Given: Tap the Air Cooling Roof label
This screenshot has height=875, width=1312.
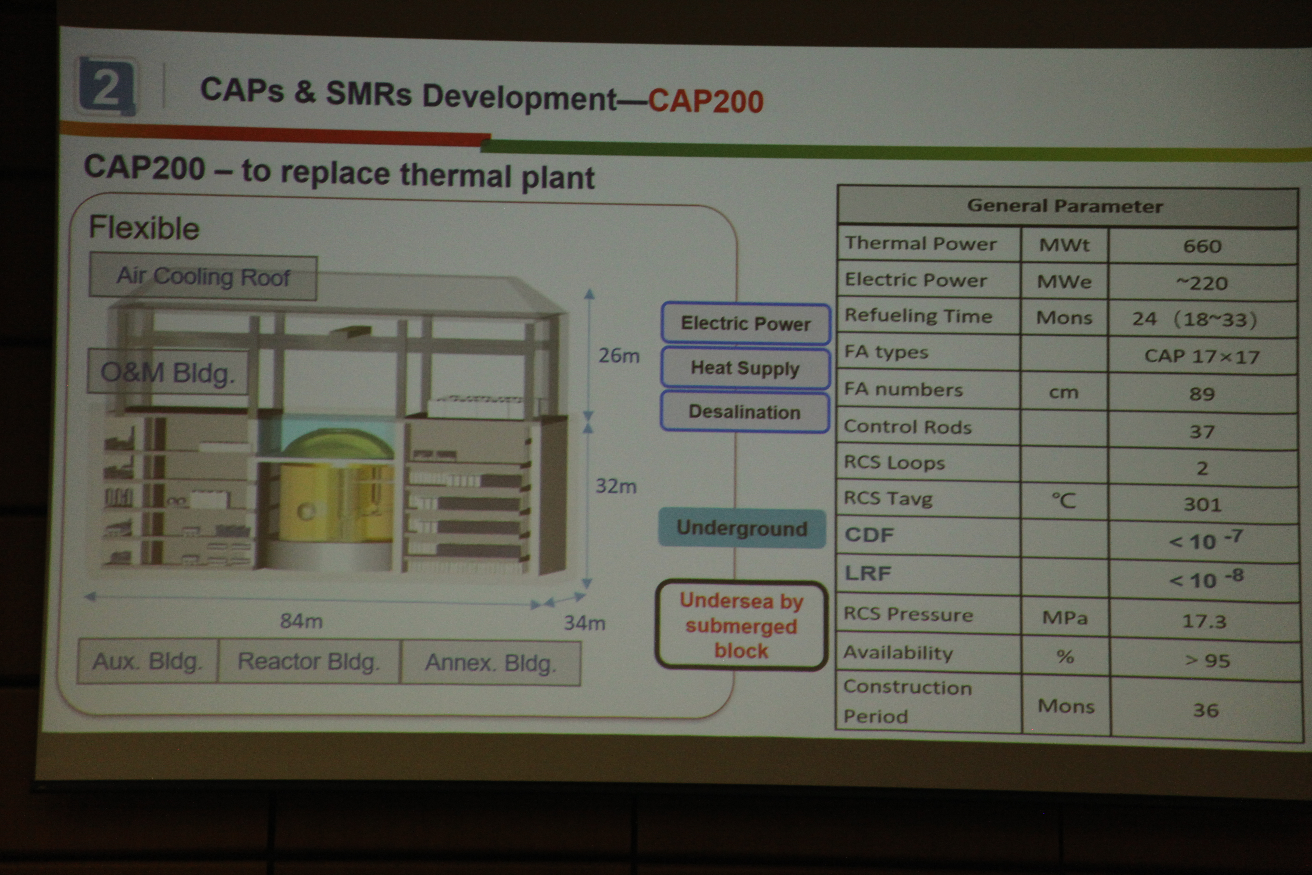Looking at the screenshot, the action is coord(203,277).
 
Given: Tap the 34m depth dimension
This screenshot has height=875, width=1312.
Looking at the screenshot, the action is coord(584,622).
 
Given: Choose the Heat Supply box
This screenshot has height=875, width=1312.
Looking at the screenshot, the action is coord(745,368).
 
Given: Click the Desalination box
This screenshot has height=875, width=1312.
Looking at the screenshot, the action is coord(745,412).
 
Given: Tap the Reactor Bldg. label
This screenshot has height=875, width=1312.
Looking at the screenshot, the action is coord(308,662).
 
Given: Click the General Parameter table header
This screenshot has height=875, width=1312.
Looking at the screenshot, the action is coord(1066,206).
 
